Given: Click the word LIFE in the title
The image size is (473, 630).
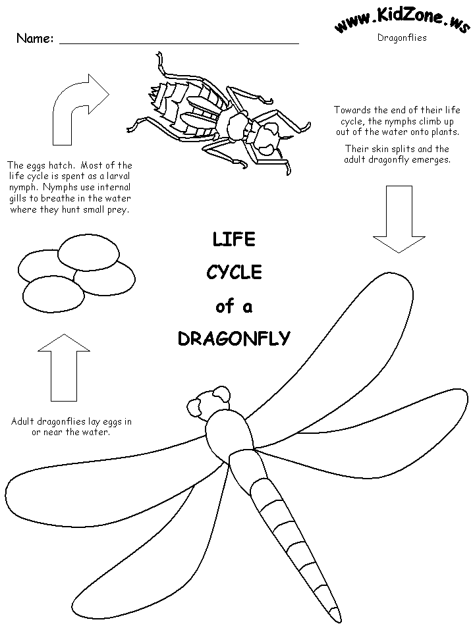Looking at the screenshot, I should (x=234, y=239).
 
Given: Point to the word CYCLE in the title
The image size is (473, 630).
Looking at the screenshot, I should (x=234, y=272).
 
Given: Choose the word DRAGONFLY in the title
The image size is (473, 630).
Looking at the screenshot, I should (x=234, y=338).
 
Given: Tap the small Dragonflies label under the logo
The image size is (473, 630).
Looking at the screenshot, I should (x=402, y=38).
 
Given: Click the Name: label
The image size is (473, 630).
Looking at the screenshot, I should (x=34, y=38).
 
